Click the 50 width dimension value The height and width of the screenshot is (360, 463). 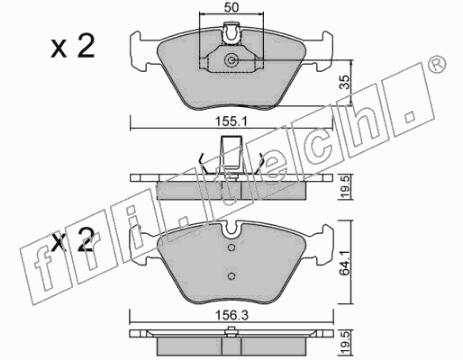pyautogui.click(x=231, y=7)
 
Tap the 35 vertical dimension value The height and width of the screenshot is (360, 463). pyautogui.click(x=345, y=82)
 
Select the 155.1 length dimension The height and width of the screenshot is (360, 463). pyautogui.click(x=231, y=122)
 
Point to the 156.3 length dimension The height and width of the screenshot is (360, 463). pyautogui.click(x=231, y=315)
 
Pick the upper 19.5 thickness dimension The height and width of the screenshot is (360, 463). pyautogui.click(x=346, y=187)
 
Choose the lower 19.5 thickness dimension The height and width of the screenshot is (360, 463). pyautogui.click(x=346, y=342)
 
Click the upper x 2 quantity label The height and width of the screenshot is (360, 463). pyautogui.click(x=73, y=46)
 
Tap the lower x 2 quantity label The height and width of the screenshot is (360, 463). pyautogui.click(x=73, y=239)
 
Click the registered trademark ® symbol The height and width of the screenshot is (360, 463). pyautogui.click(x=437, y=64)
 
